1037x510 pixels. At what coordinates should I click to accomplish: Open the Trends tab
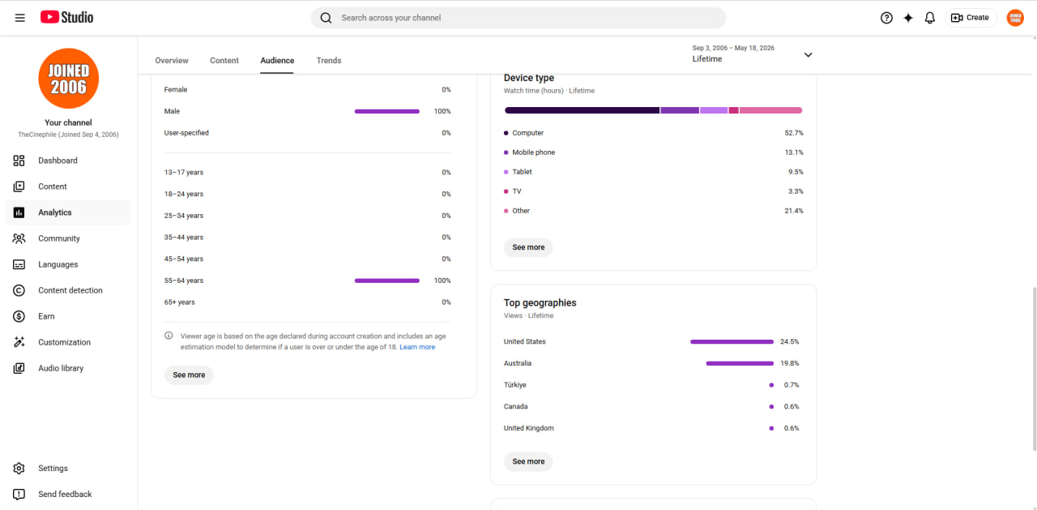click(x=329, y=60)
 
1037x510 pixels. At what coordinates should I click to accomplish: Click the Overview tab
click(x=171, y=60)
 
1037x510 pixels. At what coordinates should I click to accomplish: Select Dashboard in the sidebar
click(x=58, y=161)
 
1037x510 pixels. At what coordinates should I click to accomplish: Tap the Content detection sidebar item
click(x=70, y=290)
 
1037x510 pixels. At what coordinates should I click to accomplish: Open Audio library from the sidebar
click(x=61, y=368)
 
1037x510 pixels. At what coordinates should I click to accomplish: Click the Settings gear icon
click(x=19, y=468)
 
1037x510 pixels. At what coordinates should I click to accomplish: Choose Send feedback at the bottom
click(x=65, y=494)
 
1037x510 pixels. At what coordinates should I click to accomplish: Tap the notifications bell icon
click(x=929, y=18)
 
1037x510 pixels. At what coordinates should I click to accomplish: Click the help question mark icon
click(x=886, y=18)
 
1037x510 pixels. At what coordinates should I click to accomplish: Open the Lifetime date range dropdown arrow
click(x=808, y=54)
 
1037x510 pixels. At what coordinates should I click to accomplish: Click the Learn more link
click(x=417, y=347)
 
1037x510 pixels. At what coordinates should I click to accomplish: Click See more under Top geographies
click(x=528, y=461)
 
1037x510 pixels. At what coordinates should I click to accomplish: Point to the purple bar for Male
click(x=387, y=111)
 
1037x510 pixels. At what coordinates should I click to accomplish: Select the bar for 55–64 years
click(x=387, y=281)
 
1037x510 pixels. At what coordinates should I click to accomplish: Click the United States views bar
click(x=732, y=341)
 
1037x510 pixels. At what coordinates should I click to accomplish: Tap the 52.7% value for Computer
click(x=794, y=133)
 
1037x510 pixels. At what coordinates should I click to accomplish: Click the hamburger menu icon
click(x=20, y=18)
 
